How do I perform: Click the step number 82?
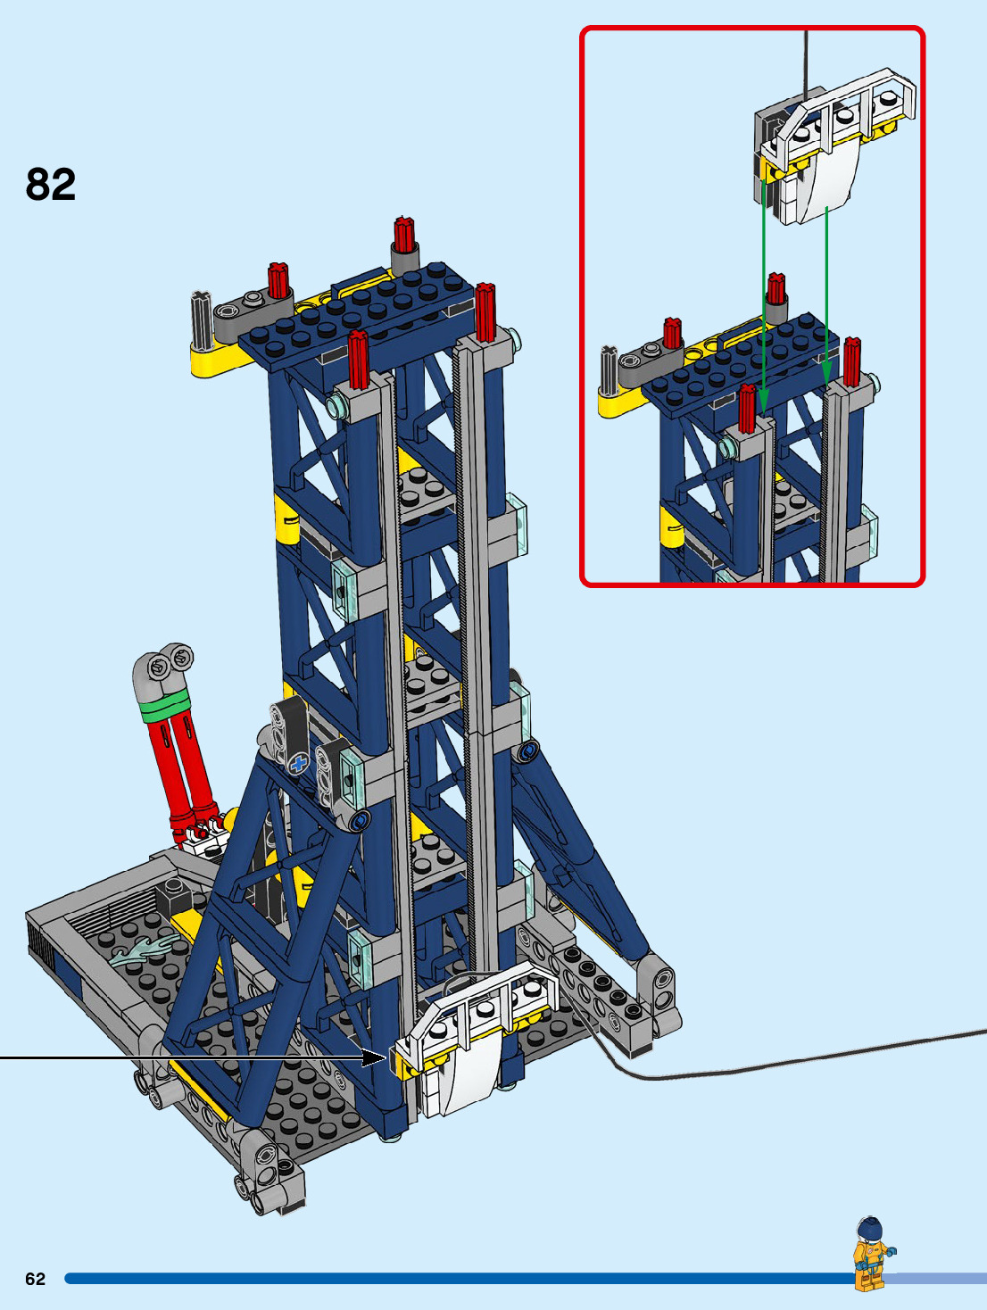(51, 184)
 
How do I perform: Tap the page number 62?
(35, 1279)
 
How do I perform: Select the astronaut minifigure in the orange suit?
(873, 1253)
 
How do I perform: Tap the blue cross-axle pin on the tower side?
(299, 763)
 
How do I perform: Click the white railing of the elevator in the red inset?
(841, 111)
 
